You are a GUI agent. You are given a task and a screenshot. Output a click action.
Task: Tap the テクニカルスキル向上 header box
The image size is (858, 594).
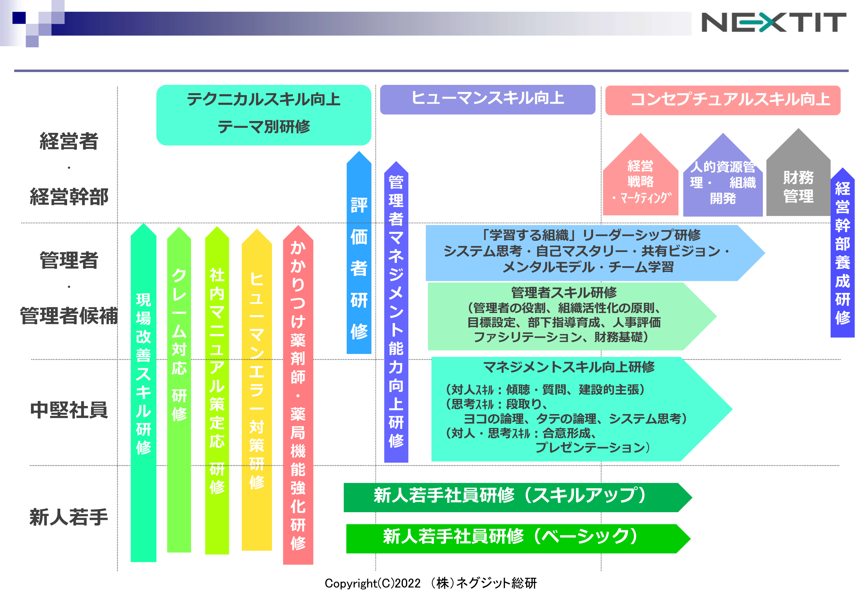point(264,115)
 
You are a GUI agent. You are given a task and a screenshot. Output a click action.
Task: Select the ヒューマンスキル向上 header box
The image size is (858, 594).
point(487,99)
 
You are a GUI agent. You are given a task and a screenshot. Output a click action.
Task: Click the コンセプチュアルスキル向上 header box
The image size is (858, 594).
point(722,100)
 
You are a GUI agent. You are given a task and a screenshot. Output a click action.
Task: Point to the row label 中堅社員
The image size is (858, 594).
point(69,410)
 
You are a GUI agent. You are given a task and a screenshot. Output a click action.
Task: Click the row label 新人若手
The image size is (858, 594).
point(69,517)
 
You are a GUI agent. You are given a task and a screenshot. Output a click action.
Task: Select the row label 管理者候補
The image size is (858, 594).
point(69,316)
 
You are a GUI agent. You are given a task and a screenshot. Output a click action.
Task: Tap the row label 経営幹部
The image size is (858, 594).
point(69,197)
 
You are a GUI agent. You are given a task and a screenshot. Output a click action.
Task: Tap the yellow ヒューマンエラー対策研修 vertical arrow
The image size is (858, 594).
point(257,391)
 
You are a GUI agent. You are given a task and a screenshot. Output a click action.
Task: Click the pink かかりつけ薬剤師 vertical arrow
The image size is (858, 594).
point(298,398)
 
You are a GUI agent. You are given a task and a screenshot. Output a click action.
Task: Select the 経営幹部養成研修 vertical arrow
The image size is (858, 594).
point(842,253)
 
